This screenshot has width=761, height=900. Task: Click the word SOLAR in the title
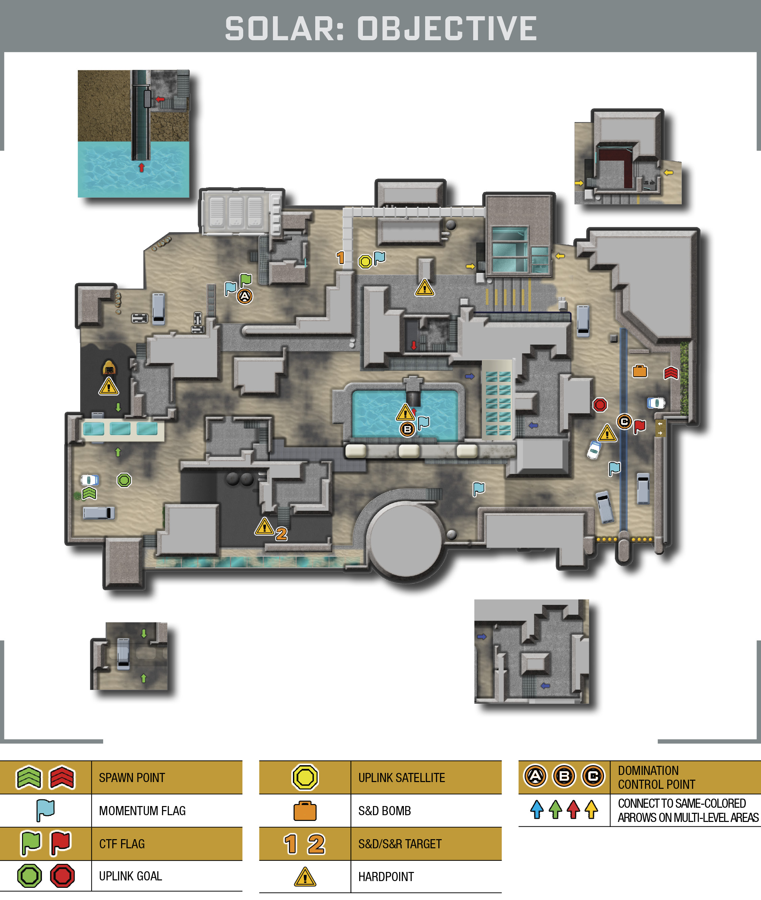[x=284, y=29]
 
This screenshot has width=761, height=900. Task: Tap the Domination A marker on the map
[x=245, y=296]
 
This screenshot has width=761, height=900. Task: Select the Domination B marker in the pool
[x=407, y=429]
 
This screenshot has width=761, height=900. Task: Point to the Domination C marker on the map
[x=624, y=421]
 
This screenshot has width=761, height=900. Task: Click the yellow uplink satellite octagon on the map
[x=365, y=261]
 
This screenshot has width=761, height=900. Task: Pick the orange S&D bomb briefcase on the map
[x=640, y=371]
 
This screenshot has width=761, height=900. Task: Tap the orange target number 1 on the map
[x=340, y=258]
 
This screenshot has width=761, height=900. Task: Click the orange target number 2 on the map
[x=281, y=534]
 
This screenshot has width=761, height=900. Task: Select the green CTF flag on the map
[x=246, y=280]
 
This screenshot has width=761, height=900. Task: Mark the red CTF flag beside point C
[x=639, y=426]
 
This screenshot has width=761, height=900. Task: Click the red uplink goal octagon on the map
[x=600, y=405]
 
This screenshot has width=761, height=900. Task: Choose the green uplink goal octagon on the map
[x=124, y=480]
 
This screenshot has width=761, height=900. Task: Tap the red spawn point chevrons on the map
[x=671, y=372]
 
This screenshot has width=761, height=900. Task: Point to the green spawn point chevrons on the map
[x=89, y=493]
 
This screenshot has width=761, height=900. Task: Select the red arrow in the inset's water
[x=141, y=167]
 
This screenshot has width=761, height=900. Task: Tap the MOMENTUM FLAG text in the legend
[x=142, y=811]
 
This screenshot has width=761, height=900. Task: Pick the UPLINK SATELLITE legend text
[x=402, y=778]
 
